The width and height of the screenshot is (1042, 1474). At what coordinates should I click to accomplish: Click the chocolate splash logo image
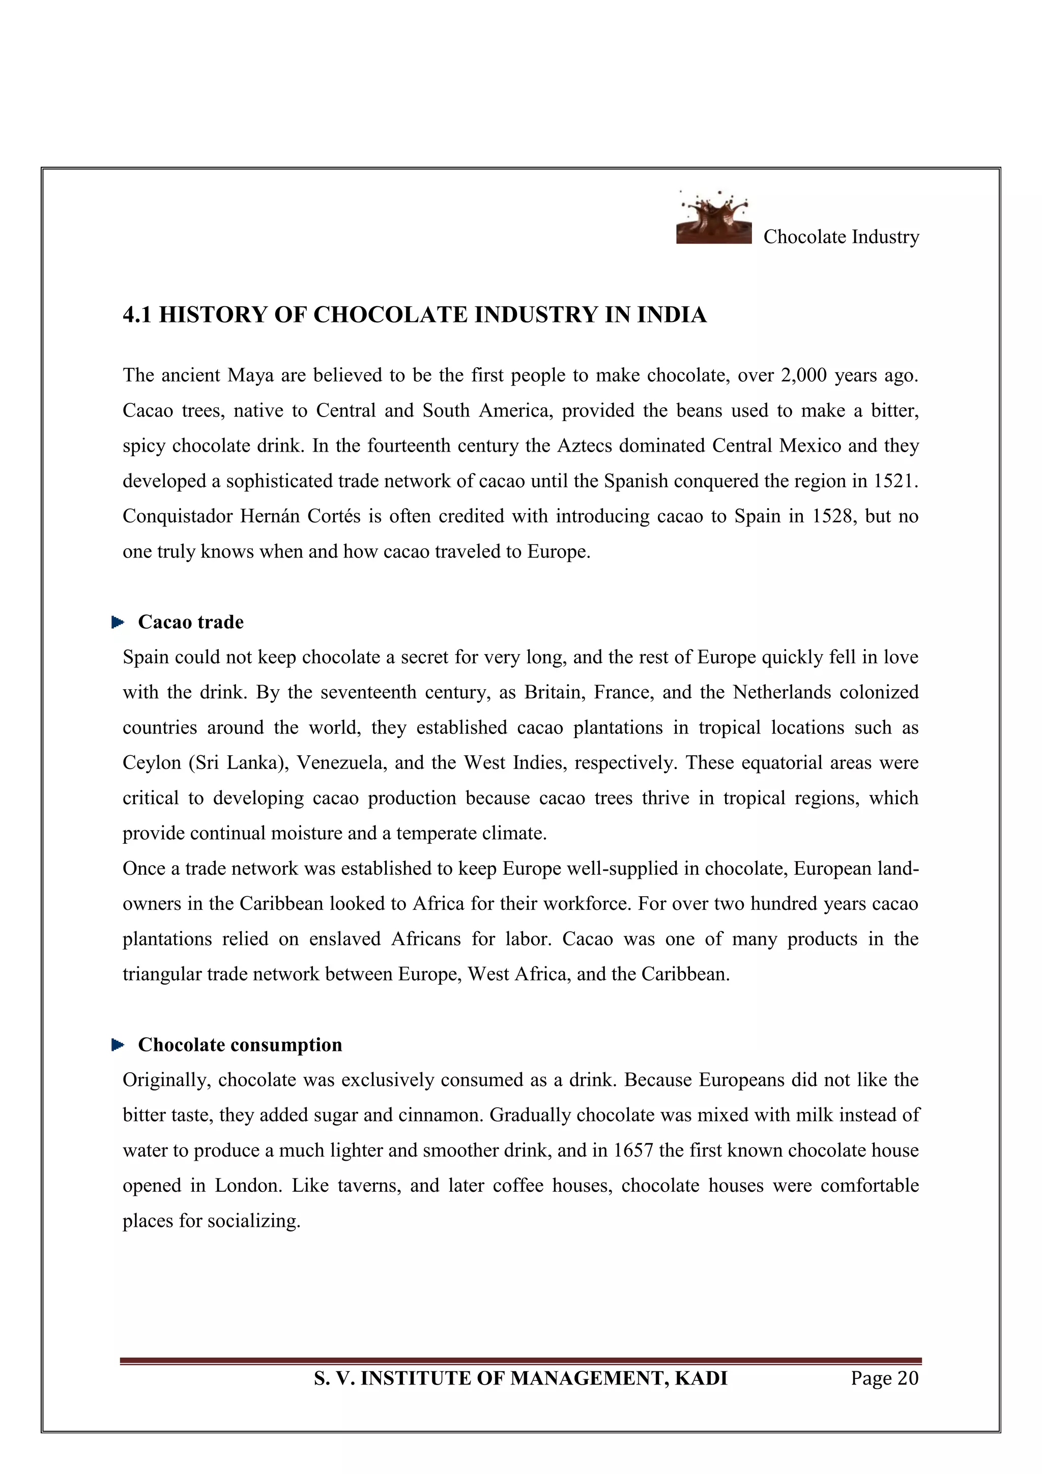[x=713, y=218]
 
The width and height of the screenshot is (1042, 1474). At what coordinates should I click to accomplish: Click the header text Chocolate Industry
[x=841, y=237]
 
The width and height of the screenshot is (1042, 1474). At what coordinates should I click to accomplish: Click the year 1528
[x=833, y=516]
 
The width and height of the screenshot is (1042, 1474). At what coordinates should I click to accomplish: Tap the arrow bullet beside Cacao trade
[x=118, y=622]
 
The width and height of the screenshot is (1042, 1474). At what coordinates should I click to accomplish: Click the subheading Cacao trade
[x=191, y=622]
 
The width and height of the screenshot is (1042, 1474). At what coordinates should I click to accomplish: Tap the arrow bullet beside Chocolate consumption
[x=118, y=1045]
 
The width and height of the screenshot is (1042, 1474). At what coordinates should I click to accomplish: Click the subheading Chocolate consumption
[x=240, y=1045]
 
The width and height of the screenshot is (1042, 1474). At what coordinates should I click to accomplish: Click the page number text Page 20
[x=884, y=1378]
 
